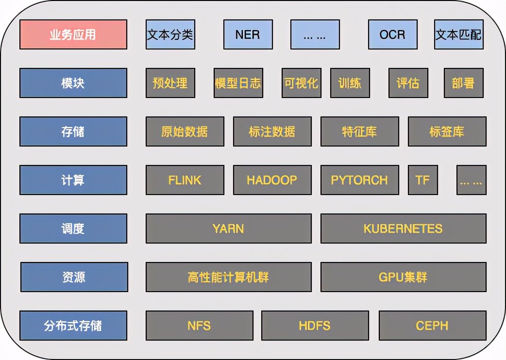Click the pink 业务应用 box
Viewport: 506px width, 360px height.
(73, 34)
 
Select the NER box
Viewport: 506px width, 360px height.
(248, 34)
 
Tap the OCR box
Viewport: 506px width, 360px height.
(392, 34)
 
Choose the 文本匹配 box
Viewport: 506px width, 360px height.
(459, 34)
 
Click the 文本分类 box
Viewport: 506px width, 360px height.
(170, 34)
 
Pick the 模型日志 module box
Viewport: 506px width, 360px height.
(238, 83)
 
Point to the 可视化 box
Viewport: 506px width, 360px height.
(301, 83)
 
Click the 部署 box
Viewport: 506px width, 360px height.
(463, 83)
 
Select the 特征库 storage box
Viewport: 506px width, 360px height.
(359, 131)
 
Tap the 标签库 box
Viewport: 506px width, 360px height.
(447, 131)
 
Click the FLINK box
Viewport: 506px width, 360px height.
(185, 180)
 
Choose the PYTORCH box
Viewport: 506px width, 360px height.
(359, 180)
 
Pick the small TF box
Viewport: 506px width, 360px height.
(422, 180)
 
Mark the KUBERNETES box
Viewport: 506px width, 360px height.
(403, 229)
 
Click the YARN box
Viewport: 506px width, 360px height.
(228, 229)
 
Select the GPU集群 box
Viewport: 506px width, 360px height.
(403, 277)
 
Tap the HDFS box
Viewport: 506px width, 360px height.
(315, 326)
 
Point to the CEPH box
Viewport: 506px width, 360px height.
(432, 326)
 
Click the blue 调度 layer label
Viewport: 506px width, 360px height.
(73, 229)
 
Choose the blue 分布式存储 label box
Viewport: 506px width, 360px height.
(73, 326)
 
